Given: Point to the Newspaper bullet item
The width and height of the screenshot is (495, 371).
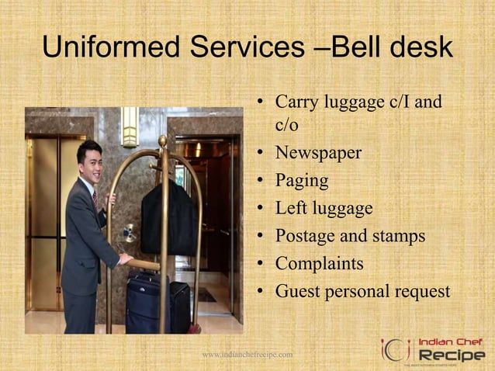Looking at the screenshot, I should click(318, 153).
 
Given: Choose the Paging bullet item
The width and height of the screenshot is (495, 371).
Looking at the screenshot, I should click(302, 181).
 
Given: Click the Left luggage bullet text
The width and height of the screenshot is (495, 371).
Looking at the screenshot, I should click(324, 208).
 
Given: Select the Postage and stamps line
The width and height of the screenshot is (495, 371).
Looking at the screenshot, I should click(350, 236).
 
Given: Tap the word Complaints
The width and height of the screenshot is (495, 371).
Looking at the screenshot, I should click(319, 264).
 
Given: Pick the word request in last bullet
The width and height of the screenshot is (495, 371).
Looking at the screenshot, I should click(418, 292).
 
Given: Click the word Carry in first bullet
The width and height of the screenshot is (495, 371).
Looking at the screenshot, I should click(296, 102).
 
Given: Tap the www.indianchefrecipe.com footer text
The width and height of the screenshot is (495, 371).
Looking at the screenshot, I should click(247, 355).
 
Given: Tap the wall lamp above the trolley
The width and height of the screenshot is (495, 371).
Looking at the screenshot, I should click(130, 125).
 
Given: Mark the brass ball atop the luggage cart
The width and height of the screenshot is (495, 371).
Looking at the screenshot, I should click(162, 140).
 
